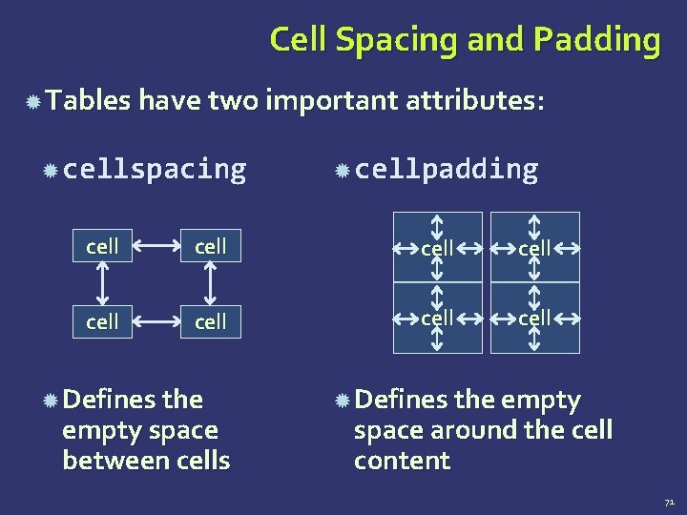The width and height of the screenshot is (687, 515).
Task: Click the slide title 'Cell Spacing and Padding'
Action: click(x=465, y=40)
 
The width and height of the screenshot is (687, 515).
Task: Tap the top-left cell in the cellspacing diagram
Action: click(x=102, y=247)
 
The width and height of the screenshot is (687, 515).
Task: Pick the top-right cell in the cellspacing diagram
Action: click(x=211, y=247)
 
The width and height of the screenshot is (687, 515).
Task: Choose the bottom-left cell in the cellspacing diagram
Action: click(x=102, y=322)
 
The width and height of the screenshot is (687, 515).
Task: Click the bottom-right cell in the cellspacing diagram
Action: click(x=211, y=322)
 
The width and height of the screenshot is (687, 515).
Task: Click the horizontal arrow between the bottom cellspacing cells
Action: click(x=156, y=322)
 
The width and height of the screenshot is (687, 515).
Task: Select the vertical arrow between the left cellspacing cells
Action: click(x=102, y=284)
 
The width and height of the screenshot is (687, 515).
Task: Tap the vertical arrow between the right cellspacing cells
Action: click(x=211, y=284)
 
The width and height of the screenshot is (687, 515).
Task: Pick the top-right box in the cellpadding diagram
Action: click(x=534, y=247)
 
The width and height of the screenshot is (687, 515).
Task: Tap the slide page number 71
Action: click(x=669, y=500)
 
